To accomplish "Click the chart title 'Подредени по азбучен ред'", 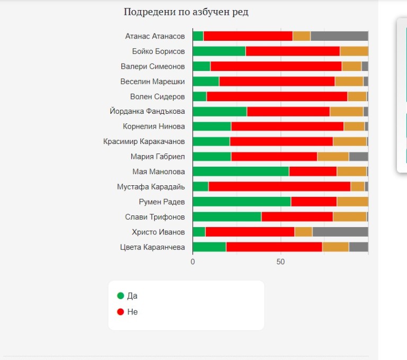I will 186,12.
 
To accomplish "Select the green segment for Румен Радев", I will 242,202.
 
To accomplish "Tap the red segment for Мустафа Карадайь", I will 279,187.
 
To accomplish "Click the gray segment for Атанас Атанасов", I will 339,36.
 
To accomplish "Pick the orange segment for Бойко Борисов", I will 354,51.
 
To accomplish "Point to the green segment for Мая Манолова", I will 241,172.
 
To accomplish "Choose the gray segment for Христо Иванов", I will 340,232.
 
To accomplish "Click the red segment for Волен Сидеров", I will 277,97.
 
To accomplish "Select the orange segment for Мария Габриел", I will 333,157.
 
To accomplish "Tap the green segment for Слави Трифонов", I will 227,217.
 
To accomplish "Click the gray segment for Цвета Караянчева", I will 358,247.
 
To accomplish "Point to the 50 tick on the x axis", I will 281,262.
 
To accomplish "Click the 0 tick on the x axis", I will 193,262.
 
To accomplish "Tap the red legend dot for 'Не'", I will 121,312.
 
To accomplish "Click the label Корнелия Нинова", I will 154,127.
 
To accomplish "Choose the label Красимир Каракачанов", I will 144,141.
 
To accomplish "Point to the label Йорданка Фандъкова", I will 147,112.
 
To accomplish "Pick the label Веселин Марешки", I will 153,82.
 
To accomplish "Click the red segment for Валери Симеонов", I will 276,67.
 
